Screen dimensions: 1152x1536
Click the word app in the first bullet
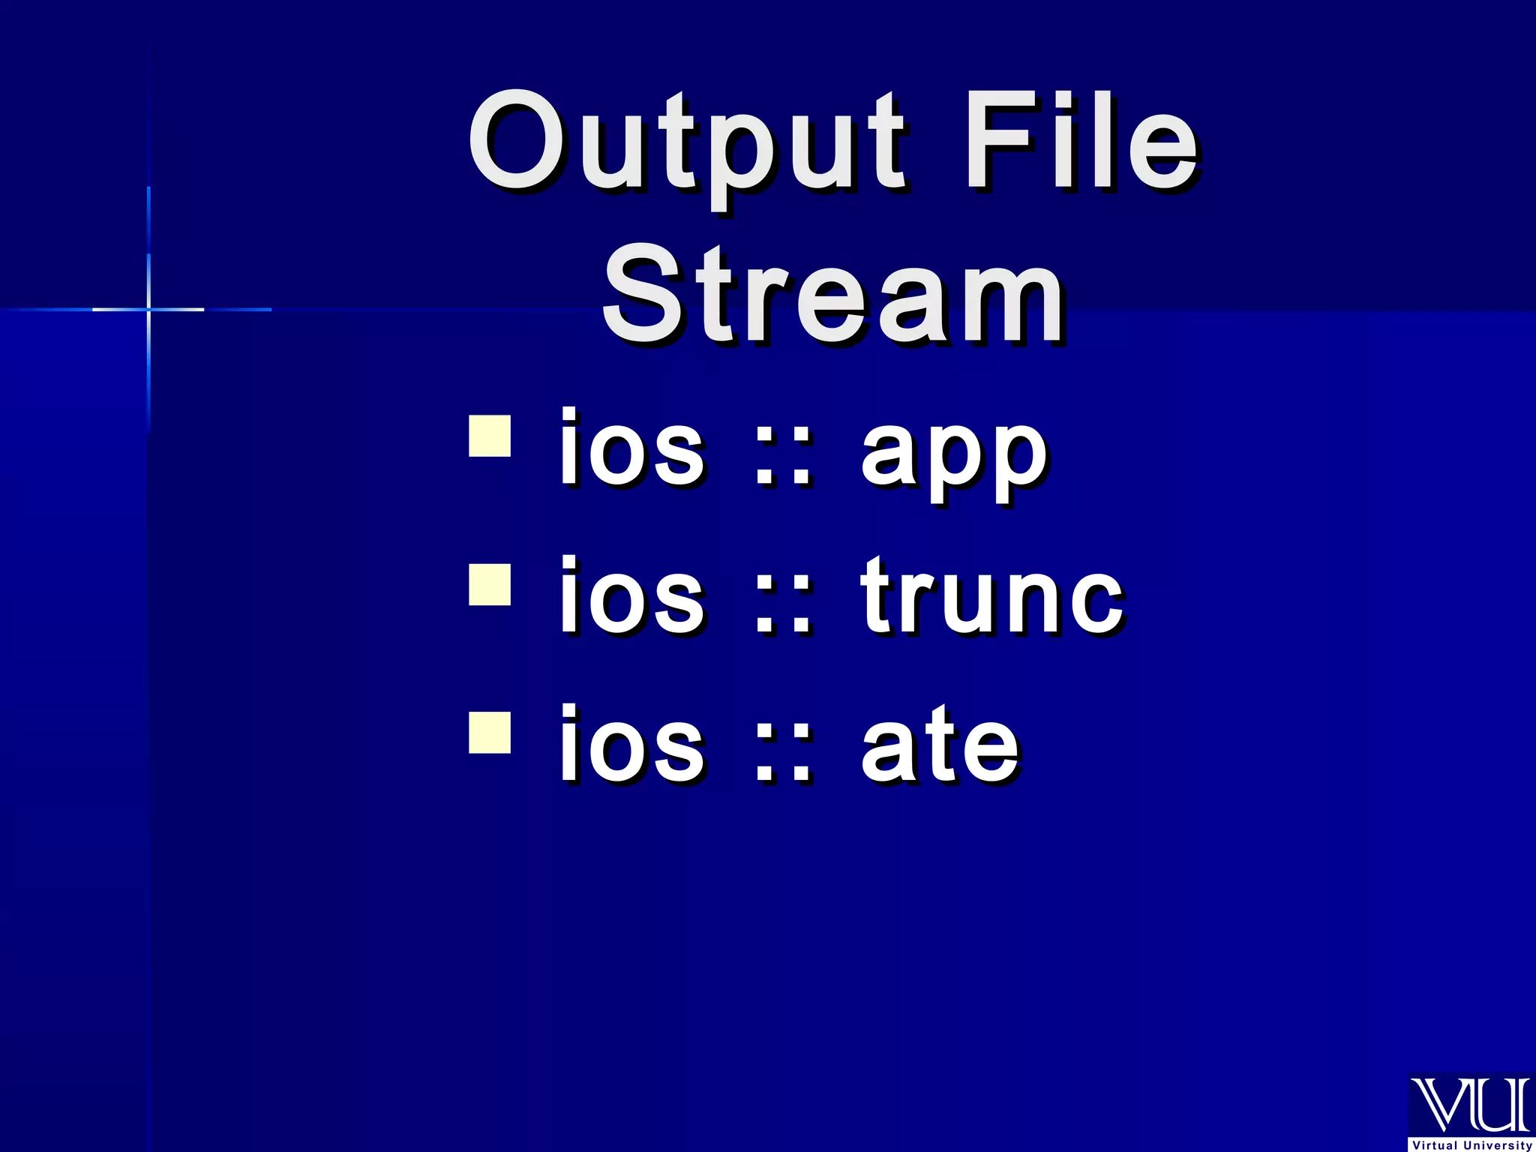(x=953, y=453)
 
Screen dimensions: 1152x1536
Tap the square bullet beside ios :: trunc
(x=490, y=584)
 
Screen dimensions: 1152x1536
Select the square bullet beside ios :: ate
(x=490, y=732)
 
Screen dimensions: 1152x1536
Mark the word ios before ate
(x=631, y=745)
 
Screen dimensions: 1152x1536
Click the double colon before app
(x=782, y=460)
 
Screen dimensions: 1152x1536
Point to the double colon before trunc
(x=782, y=609)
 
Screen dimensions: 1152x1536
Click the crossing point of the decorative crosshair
(x=148, y=309)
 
